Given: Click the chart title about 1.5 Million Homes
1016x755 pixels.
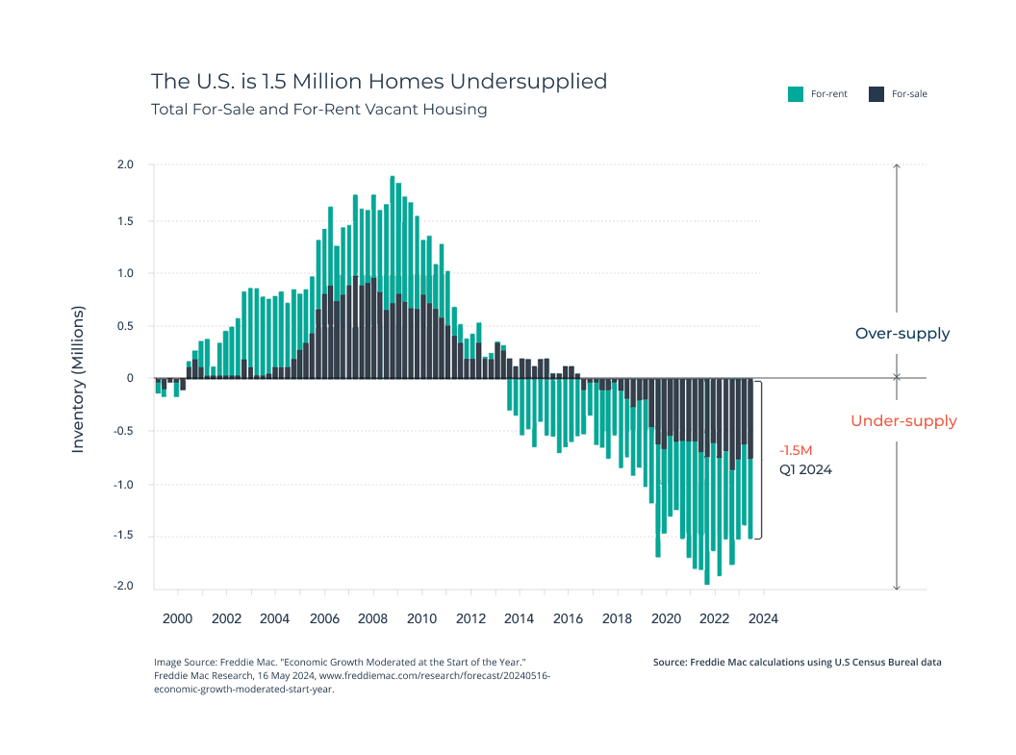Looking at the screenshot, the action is [x=379, y=82].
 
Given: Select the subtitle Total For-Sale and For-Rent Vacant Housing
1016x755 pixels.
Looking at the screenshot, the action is [x=318, y=110].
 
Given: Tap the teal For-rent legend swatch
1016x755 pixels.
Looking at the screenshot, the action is [x=796, y=94].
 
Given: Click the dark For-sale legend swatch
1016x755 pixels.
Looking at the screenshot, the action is [x=876, y=94].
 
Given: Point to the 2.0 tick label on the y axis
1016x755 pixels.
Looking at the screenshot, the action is [x=125, y=164].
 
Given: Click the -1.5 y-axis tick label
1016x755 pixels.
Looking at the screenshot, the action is [x=123, y=535].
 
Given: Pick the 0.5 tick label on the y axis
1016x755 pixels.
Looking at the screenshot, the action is [x=125, y=326].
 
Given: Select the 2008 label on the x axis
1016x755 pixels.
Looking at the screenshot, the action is [x=372, y=618].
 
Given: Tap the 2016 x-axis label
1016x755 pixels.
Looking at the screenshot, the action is [x=568, y=618].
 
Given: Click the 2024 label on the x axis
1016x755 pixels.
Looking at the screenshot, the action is [x=763, y=618].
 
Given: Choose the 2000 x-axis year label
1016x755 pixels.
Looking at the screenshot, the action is [x=178, y=618].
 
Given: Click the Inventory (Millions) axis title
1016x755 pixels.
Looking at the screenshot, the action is [x=78, y=380].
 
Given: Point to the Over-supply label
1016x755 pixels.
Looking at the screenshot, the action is [x=902, y=334].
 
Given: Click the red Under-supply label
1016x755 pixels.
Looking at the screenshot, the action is [x=903, y=421].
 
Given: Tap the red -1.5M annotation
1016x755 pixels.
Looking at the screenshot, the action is [x=796, y=451].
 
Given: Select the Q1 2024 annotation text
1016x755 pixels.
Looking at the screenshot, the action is [x=805, y=470].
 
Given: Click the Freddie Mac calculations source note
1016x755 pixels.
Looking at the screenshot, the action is [x=797, y=662].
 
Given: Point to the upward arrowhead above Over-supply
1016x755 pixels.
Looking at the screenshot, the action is [x=897, y=166].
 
